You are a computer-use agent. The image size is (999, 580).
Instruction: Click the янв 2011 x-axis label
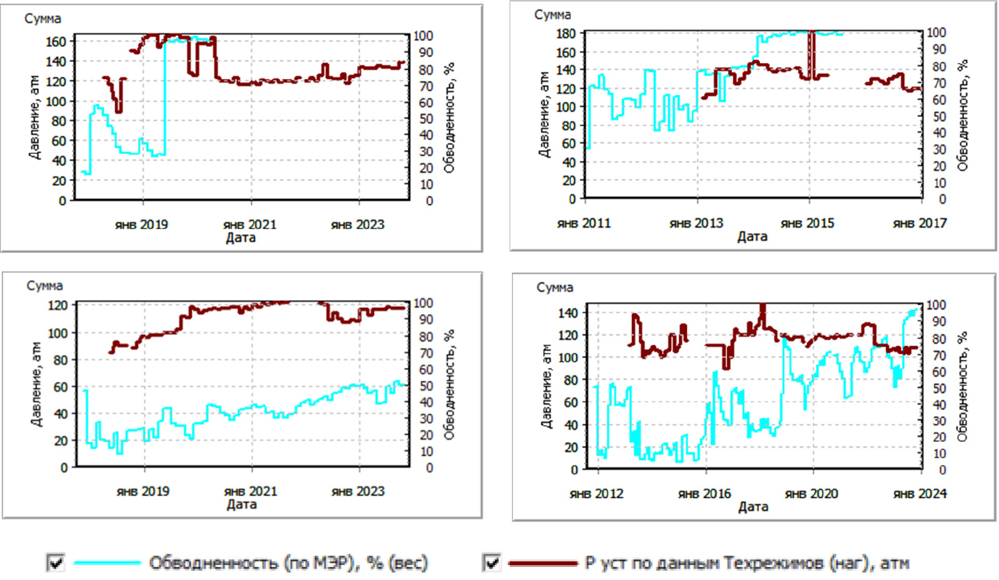(x=584, y=223)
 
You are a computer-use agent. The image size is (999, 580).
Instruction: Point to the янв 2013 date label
(x=696, y=223)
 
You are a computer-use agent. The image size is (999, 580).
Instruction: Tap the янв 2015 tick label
(x=808, y=223)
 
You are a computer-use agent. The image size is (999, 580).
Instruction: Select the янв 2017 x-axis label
(x=920, y=223)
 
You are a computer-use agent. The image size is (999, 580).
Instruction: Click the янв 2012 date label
(x=596, y=494)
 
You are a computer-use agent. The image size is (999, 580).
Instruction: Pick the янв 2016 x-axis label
(x=705, y=494)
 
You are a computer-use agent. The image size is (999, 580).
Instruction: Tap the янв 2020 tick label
(x=811, y=494)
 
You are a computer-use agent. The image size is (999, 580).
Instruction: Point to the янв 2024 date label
(x=920, y=494)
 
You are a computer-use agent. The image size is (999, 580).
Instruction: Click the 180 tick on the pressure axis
(x=566, y=33)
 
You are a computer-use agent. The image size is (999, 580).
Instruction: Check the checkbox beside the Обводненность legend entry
(x=56, y=562)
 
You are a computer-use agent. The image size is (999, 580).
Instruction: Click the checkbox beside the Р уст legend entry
(x=492, y=562)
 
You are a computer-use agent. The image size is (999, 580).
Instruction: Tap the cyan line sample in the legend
(x=107, y=563)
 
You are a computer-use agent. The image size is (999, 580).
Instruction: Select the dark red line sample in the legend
(x=543, y=563)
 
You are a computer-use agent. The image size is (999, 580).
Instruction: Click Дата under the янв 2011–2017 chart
(x=752, y=237)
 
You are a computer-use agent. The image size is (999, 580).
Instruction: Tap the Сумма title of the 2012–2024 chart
(x=555, y=287)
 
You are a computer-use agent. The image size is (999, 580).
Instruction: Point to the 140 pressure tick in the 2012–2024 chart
(x=568, y=313)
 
